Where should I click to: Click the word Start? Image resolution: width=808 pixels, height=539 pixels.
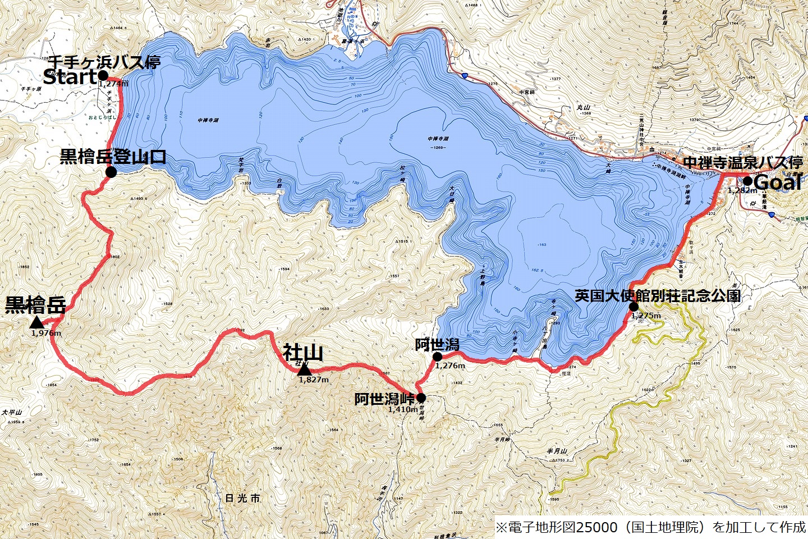(x=70, y=77)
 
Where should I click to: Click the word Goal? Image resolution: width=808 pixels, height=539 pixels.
(x=777, y=182)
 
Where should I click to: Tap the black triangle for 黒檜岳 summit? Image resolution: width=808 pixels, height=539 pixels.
(x=37, y=322)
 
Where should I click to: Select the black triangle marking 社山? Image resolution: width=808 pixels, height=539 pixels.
(x=304, y=369)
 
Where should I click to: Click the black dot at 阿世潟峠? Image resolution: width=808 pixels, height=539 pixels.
(x=421, y=398)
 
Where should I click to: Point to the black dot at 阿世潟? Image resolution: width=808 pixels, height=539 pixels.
(x=438, y=356)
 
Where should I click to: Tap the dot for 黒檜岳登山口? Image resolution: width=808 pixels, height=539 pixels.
(x=111, y=172)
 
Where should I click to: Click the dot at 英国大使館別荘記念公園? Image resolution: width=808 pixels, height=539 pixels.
(x=633, y=307)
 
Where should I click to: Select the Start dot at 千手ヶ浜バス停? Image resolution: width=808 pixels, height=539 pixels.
(x=103, y=75)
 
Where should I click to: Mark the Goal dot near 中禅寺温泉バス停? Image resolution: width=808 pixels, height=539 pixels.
(x=747, y=181)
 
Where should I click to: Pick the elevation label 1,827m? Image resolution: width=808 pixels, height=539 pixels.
(x=314, y=380)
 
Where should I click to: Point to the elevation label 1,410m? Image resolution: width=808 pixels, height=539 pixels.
(x=402, y=409)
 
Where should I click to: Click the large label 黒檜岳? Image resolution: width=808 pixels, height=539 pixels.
(x=35, y=305)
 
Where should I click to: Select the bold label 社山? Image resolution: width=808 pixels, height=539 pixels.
(x=302, y=353)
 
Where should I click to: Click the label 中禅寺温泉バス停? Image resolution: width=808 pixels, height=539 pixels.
(x=743, y=163)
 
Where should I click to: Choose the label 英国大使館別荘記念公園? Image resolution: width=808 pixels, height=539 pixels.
(x=657, y=296)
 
